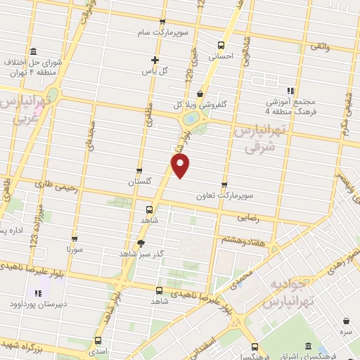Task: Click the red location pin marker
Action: tap(181, 166)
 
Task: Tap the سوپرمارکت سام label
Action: tap(163, 33)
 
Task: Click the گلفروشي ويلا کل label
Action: tap(200, 105)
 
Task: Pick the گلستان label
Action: tap(140, 181)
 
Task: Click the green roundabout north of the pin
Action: tap(191, 120)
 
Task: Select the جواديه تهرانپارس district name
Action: tap(288, 293)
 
